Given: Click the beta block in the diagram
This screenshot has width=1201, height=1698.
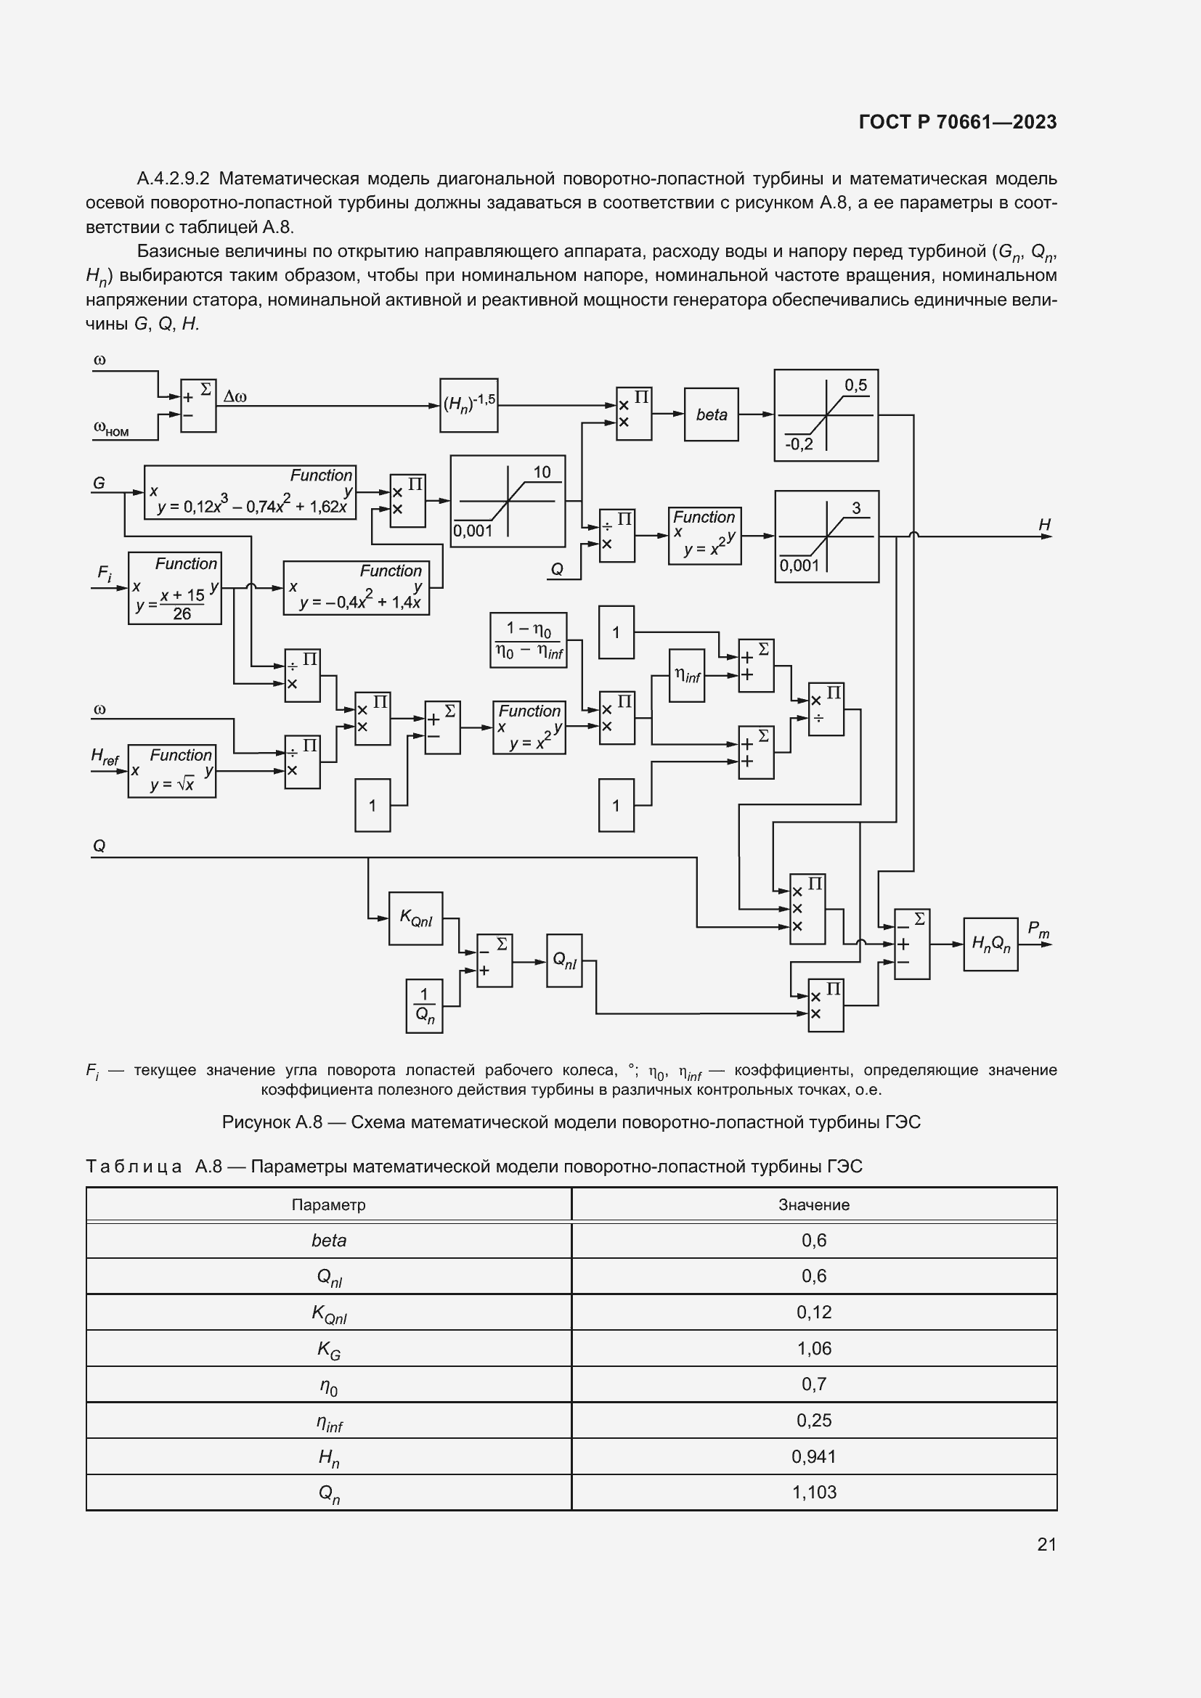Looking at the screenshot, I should pyautogui.click(x=711, y=415).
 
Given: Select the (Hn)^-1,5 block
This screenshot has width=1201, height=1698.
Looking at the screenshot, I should pyautogui.click(x=469, y=405).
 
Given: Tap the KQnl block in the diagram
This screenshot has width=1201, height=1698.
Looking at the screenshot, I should pyautogui.click(x=415, y=918).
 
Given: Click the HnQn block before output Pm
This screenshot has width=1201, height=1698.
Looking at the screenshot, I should pyautogui.click(x=990, y=944).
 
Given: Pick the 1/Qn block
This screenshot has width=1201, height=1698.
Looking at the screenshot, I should pyautogui.click(x=425, y=1005).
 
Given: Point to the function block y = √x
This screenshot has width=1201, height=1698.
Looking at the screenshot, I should pyautogui.click(x=171, y=772).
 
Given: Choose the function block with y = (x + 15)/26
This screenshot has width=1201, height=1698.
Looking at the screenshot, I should pyautogui.click(x=174, y=588).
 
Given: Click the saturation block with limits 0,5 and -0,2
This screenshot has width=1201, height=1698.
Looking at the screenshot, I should pyautogui.click(x=826, y=416).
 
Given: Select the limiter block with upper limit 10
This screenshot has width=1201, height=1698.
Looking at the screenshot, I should pyautogui.click(x=508, y=501).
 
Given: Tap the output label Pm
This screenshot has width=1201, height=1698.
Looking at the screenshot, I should pyautogui.click(x=1038, y=930).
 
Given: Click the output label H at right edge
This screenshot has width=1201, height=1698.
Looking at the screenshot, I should pyautogui.click(x=1044, y=524).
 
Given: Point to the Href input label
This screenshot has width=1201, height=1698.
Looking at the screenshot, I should pyautogui.click(x=105, y=756).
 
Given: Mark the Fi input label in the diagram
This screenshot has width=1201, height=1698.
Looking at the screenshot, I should pyautogui.click(x=105, y=574).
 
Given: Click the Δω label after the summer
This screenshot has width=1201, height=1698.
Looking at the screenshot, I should pyautogui.click(x=235, y=397).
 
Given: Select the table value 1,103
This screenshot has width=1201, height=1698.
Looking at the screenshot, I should pyautogui.click(x=813, y=1493).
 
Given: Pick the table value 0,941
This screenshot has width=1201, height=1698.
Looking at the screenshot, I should pyautogui.click(x=813, y=1456).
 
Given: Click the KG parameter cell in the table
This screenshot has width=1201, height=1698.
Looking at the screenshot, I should pyautogui.click(x=328, y=1349).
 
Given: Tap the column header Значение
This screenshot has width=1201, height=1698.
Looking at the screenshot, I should pyautogui.click(x=813, y=1205).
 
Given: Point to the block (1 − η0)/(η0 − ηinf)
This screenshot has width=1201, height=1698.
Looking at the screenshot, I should pyautogui.click(x=529, y=640).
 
